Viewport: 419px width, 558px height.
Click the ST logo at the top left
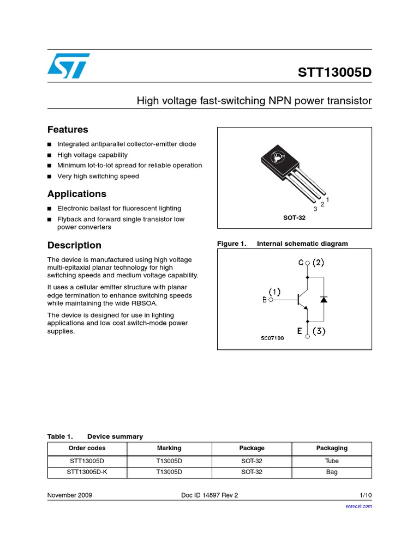click(67, 66)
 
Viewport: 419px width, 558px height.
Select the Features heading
click(68, 130)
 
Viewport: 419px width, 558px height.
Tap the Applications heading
click(76, 194)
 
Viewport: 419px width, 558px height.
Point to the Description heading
click(74, 245)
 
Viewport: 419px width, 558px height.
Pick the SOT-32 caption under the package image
click(294, 217)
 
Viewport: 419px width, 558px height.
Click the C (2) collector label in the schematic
click(311, 263)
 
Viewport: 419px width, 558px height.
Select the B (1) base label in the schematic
click(272, 296)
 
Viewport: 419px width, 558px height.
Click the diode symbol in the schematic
click(324, 299)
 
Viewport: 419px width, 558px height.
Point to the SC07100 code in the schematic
click(272, 338)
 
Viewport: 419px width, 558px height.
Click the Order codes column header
click(87, 448)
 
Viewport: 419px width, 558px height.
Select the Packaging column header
click(332, 448)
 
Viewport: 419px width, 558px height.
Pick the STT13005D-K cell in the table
click(87, 472)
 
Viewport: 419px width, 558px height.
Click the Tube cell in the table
click(332, 460)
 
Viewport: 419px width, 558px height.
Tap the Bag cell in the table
click(332, 472)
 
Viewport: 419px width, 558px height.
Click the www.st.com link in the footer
click(359, 506)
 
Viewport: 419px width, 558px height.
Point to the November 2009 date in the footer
click(70, 495)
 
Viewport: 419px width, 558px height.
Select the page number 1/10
click(366, 495)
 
